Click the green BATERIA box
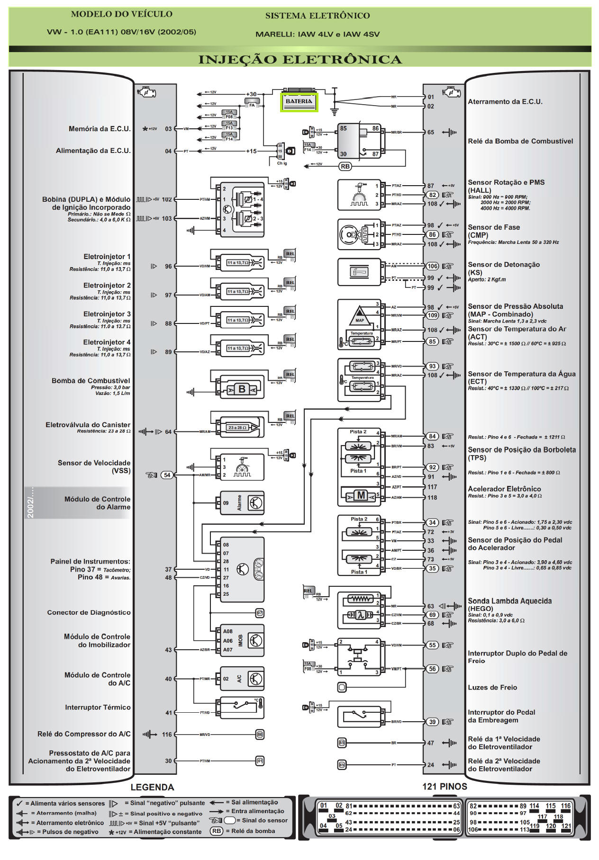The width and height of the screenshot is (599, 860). pos(299,102)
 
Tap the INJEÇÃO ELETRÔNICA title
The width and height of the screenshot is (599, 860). pos(299,60)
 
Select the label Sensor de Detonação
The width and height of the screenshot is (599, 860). pos(504,265)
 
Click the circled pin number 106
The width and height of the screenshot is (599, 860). pos(432,266)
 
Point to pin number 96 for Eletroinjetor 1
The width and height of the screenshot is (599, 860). pos(168,267)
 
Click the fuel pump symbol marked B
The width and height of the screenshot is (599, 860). pos(242,389)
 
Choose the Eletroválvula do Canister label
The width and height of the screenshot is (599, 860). pos(88,425)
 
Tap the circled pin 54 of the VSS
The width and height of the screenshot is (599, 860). pos(167,475)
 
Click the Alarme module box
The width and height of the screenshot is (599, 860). pos(240,503)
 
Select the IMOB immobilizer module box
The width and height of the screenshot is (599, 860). pos(242,641)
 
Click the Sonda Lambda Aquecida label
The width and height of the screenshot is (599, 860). pos(509,601)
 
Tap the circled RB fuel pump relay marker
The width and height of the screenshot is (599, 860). pos(345,166)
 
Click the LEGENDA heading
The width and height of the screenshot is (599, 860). pos(152,787)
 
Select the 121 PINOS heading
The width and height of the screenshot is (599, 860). pos(445,787)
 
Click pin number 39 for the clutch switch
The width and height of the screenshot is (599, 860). pos(432,722)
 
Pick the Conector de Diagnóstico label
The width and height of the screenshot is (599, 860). pos(89,612)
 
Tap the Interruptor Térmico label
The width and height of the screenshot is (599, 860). pos(98,707)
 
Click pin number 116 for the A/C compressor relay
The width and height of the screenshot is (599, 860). pos(167,735)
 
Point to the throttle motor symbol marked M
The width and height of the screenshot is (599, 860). pos(361,495)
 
